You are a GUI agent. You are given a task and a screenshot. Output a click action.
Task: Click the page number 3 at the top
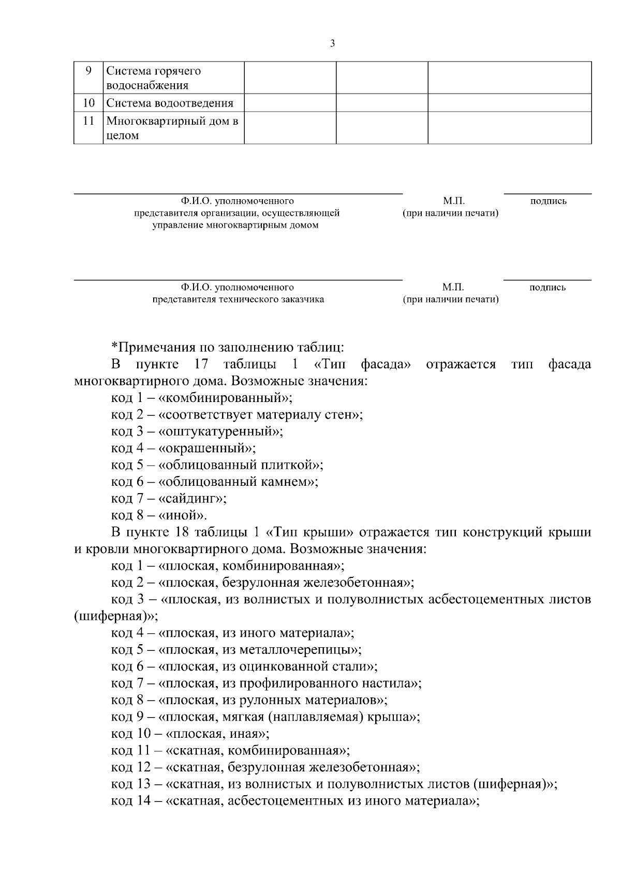[x=332, y=44]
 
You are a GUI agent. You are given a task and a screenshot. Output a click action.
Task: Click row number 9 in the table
[x=88, y=71]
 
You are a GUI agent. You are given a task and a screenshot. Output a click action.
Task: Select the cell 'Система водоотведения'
[x=170, y=103]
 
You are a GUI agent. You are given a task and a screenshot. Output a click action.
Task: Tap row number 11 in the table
[x=88, y=121]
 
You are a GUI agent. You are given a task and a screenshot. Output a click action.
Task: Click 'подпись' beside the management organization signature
[x=548, y=201]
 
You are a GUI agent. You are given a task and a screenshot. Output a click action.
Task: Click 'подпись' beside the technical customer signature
[x=548, y=288]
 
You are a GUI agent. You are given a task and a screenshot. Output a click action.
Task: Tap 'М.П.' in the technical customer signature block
[x=453, y=288]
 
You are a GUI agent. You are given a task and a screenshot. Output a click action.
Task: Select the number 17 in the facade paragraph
[x=201, y=364]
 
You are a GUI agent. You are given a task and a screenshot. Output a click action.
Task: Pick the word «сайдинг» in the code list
[x=193, y=499]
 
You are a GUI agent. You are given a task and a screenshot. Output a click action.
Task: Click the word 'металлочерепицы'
[x=299, y=650]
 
